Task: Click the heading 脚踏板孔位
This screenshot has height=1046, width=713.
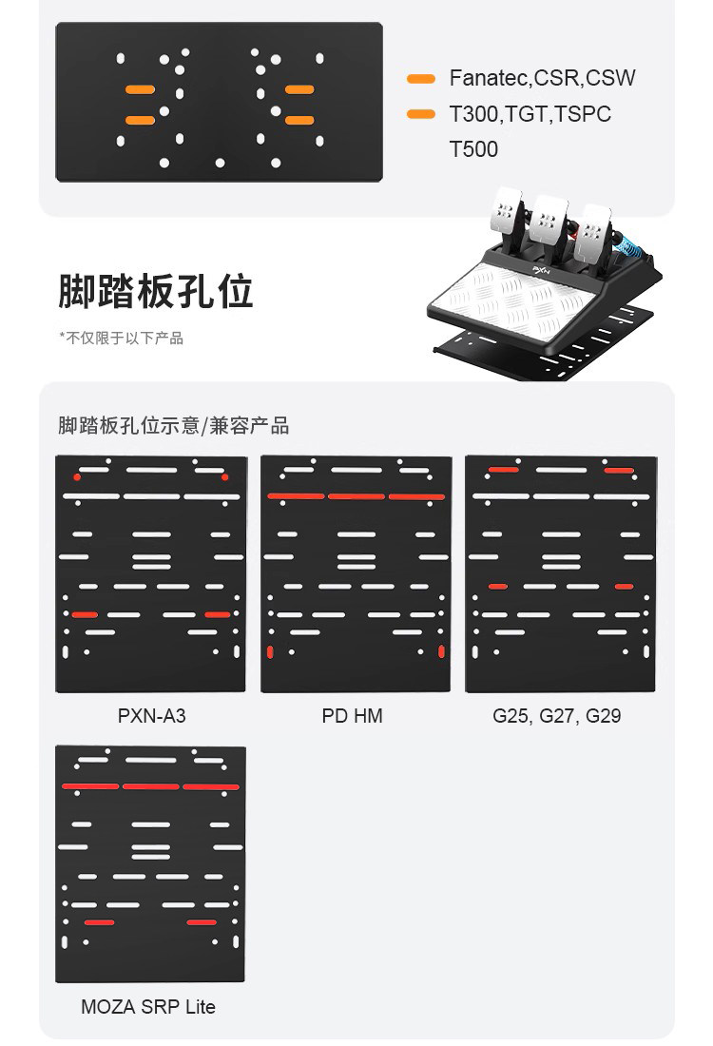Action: pyautogui.click(x=156, y=291)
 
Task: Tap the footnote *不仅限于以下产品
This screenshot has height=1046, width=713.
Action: pyautogui.click(x=121, y=339)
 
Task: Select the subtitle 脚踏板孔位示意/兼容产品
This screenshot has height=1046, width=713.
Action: pyautogui.click(x=173, y=425)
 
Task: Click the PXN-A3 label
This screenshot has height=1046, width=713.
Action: pyautogui.click(x=151, y=715)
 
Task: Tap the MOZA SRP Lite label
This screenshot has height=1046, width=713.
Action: pyautogui.click(x=148, y=1006)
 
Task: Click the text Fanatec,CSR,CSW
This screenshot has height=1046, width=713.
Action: pyautogui.click(x=542, y=78)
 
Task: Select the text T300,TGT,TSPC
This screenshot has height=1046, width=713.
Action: pyautogui.click(x=530, y=114)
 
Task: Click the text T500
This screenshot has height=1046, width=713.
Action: pyautogui.click(x=473, y=149)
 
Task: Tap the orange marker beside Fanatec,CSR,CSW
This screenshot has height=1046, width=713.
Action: pyautogui.click(x=420, y=78)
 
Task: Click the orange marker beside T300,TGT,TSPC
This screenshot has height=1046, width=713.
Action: pyautogui.click(x=420, y=114)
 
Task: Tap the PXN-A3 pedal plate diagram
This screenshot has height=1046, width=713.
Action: pyautogui.click(x=151, y=573)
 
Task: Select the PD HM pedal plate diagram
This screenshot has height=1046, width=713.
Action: pyautogui.click(x=356, y=573)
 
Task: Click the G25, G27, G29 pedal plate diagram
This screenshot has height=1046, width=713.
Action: pyautogui.click(x=560, y=573)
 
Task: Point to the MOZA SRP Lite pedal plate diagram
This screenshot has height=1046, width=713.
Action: pyautogui.click(x=151, y=863)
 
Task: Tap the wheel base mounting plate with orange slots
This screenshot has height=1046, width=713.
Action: pyautogui.click(x=219, y=103)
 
